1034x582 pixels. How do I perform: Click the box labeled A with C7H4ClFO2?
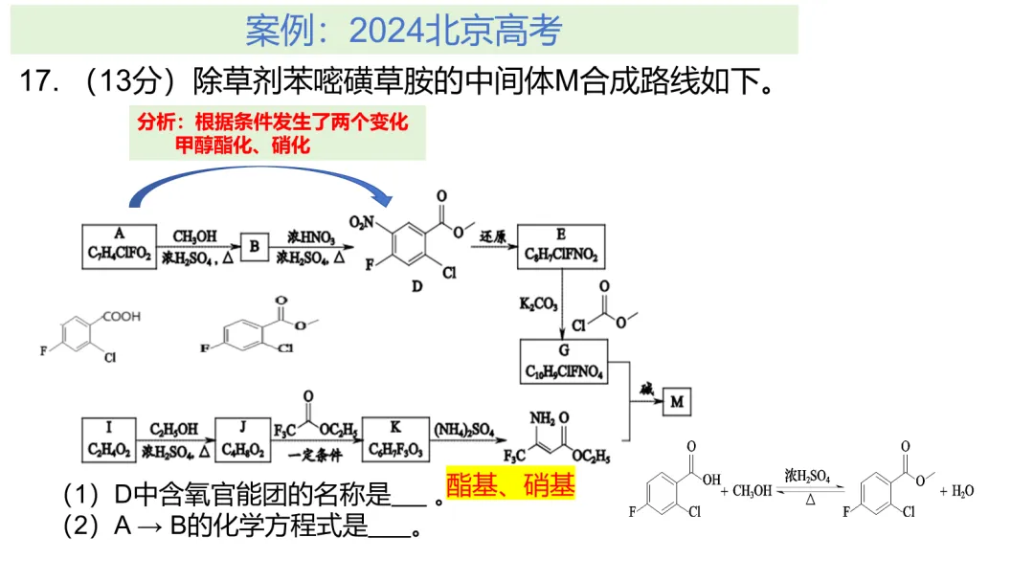[120, 246]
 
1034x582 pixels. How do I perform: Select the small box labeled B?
[256, 246]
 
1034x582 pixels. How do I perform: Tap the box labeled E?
[561, 246]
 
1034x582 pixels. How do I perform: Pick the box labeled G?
[564, 362]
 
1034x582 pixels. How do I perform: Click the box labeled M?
[677, 402]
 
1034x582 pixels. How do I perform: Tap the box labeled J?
[243, 438]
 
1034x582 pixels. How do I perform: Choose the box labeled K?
[393, 438]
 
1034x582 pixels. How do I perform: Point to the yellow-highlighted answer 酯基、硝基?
[511, 485]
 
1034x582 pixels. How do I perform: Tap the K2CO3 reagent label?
[539, 305]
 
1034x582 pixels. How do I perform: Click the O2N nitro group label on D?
[361, 223]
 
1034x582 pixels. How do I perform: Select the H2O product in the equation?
[961, 491]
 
